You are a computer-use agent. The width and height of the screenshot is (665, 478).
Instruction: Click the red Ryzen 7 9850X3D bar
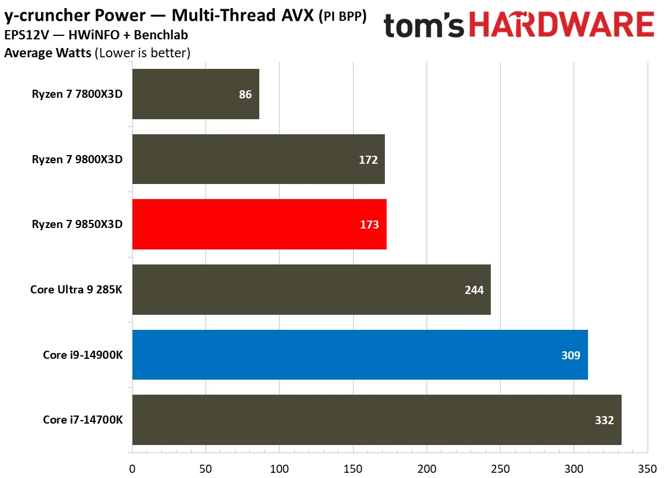point(259,225)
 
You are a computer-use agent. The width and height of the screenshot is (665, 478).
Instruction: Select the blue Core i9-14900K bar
point(359,355)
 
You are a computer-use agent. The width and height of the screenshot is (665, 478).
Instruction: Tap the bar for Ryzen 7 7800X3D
point(195,94)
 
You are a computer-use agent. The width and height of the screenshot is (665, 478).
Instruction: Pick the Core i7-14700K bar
point(376,420)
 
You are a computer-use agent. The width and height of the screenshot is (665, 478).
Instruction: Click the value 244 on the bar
point(474,290)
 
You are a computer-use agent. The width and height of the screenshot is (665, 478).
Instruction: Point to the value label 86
point(245,94)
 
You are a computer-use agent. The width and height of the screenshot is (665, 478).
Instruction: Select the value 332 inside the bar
point(604,420)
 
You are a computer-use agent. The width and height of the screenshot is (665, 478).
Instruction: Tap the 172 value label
point(368,160)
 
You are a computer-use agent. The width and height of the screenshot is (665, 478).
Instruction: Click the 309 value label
point(571,355)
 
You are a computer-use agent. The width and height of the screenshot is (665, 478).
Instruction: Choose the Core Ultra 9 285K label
point(76,290)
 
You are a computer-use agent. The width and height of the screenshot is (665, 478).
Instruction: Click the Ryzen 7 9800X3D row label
point(78,160)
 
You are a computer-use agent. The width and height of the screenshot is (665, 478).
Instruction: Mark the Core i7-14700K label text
point(83,420)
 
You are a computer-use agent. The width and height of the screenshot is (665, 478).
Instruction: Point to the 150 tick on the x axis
point(352,468)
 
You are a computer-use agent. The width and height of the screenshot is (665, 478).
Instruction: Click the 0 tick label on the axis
point(132,468)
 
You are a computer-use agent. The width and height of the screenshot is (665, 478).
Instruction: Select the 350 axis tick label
point(647,468)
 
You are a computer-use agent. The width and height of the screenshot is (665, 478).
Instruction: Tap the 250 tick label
point(500,468)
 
